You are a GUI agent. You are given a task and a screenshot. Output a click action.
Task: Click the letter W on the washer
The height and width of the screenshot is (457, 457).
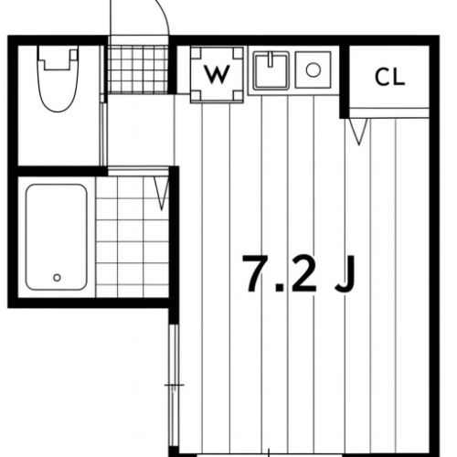pos(217,74)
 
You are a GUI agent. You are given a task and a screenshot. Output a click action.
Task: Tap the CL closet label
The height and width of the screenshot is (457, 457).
pos(389,77)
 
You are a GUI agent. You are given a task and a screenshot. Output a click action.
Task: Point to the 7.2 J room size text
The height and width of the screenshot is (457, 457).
pos(299,273)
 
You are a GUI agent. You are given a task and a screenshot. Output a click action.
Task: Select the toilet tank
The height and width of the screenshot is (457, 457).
pos(58,58)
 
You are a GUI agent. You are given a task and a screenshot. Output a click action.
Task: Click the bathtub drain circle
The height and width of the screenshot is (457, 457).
pos(57,278)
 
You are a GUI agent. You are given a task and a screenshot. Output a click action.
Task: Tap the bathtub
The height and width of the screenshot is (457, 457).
pos(57,237)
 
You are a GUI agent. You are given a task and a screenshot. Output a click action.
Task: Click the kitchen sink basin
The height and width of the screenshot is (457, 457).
pos(271,70)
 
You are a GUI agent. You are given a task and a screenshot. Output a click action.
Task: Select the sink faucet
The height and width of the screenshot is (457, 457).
pos(271,59)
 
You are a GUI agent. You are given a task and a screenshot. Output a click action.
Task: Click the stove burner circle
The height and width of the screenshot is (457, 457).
pos(314,70)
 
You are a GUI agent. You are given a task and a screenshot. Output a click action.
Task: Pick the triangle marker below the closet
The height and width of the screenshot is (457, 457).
pos(358,132)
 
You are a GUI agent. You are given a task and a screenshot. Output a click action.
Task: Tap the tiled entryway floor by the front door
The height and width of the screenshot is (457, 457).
pos(138,69)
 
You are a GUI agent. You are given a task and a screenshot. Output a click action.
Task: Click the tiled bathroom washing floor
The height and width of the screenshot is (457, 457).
pos(133,237)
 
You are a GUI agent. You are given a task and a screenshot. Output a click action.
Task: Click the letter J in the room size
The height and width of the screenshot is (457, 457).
pos(345,274)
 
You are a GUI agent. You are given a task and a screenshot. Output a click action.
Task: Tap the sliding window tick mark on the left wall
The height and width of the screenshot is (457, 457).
pos(175,385)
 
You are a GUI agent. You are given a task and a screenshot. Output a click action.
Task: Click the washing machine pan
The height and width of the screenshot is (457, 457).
pos(217,74)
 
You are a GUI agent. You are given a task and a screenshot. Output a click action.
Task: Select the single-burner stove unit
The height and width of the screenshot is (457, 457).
pos(314,70)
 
